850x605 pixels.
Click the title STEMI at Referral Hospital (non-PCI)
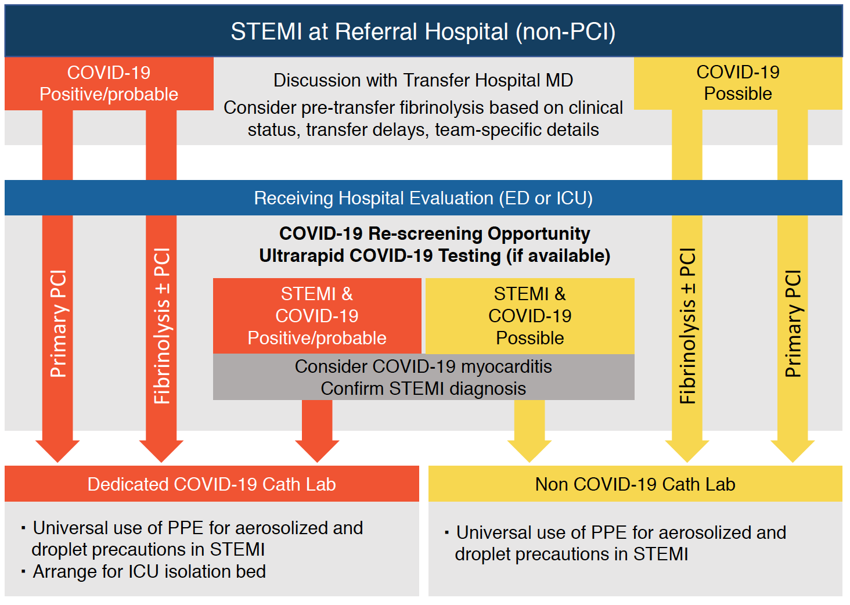pos(423,31)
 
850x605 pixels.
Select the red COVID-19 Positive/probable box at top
pos(109,84)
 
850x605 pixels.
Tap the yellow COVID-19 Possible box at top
pos(738,83)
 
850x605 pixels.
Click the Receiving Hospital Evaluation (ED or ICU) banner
pos(423,198)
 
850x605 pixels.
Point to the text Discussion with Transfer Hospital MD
pos(423,81)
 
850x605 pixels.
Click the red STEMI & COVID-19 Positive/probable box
pos(317,316)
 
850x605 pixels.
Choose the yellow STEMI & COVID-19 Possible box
pos(530,316)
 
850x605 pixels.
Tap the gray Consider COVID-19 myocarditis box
pos(423,377)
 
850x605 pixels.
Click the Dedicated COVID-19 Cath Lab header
pos(212,484)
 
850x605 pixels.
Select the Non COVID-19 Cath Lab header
pos(635,484)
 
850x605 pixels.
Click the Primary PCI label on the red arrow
pos(58,324)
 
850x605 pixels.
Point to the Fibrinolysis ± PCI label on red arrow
pos(161,326)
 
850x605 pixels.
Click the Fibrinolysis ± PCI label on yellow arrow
pos(687,326)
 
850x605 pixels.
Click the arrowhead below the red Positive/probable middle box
pos(317,451)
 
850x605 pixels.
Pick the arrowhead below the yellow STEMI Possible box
pos(530,451)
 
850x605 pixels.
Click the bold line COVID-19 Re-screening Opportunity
pos(434,233)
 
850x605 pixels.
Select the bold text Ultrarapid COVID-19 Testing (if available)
pos(434,255)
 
